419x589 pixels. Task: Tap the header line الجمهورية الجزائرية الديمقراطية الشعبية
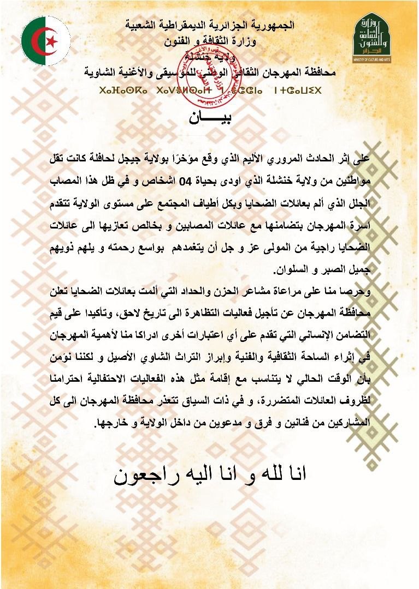[x=210, y=26]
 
